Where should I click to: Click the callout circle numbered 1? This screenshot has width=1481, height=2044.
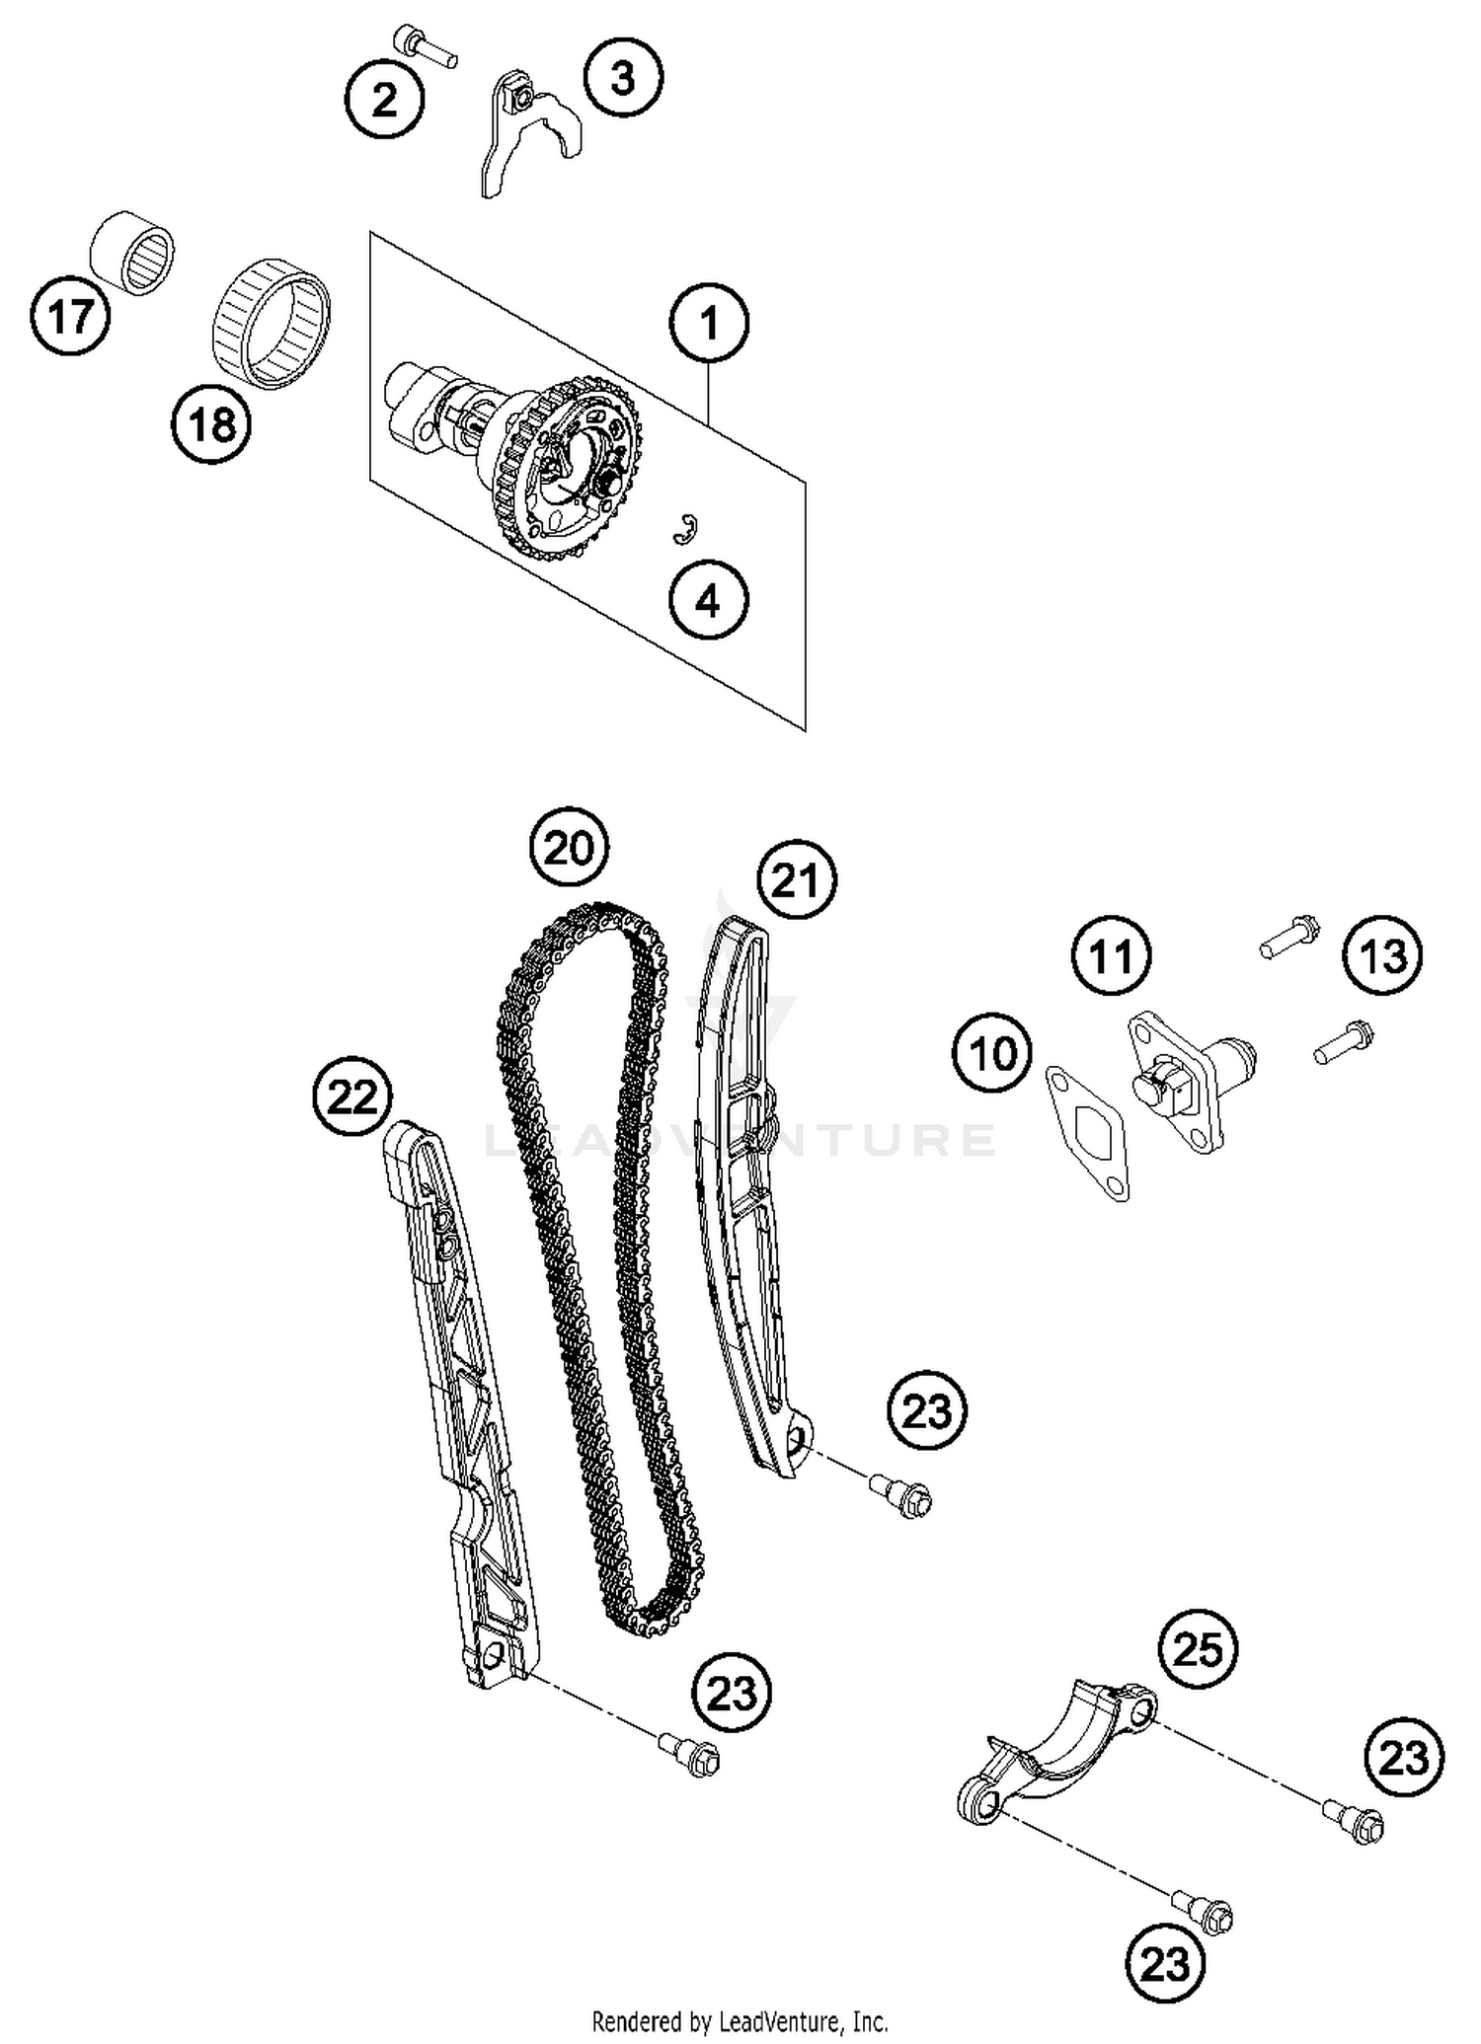[709, 323]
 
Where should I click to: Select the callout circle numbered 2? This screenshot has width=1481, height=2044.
[384, 100]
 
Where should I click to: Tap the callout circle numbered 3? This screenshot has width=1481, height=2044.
[622, 77]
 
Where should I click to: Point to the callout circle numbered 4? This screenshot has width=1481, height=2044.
[708, 600]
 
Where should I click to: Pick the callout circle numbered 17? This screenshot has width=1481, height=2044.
[70, 317]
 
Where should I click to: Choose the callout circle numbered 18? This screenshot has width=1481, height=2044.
[211, 425]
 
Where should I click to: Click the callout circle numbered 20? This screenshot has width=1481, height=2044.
[570, 848]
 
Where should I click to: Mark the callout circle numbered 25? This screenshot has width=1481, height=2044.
[1198, 1649]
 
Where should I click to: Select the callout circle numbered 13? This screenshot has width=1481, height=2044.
[1382, 955]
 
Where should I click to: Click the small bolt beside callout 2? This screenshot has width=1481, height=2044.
[424, 45]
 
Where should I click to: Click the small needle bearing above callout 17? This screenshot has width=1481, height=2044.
[132, 252]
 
